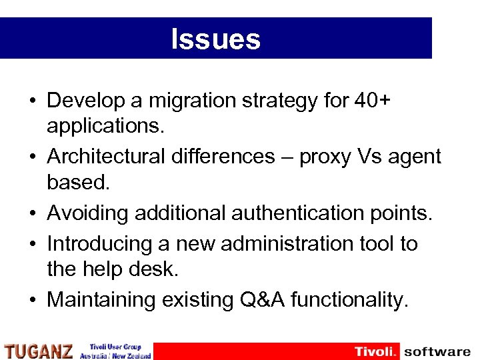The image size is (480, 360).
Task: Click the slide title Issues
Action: click(215, 39)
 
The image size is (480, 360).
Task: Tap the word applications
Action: click(105, 125)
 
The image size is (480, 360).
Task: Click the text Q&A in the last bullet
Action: click(259, 300)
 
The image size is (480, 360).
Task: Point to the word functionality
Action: click(350, 300)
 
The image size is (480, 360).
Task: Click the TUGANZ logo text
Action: click(38, 351)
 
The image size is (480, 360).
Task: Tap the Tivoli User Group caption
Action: click(115, 347)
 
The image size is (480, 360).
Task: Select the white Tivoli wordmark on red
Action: click(375, 351)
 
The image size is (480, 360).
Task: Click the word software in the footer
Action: click(437, 351)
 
